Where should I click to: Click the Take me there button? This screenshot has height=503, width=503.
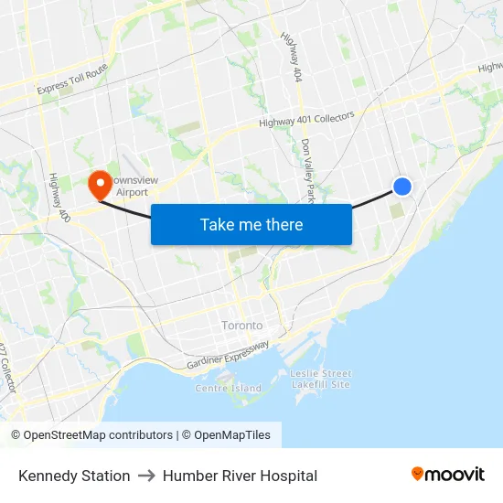click(251, 224)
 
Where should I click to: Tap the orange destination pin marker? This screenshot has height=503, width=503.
click(100, 185)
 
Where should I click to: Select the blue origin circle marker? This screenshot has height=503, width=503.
click(402, 187)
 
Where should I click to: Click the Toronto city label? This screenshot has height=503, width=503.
click(242, 326)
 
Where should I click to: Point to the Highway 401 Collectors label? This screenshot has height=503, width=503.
click(305, 120)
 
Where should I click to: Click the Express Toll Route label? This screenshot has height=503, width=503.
click(72, 80)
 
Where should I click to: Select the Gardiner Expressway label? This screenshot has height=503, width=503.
click(228, 356)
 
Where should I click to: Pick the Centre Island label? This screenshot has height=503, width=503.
click(228, 388)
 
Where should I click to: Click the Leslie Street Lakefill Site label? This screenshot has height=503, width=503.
click(320, 379)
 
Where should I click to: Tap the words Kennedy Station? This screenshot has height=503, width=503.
click(74, 476)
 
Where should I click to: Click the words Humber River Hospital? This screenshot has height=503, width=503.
click(240, 476)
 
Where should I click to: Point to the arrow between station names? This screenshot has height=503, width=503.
click(146, 476)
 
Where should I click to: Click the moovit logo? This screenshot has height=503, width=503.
click(447, 474)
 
